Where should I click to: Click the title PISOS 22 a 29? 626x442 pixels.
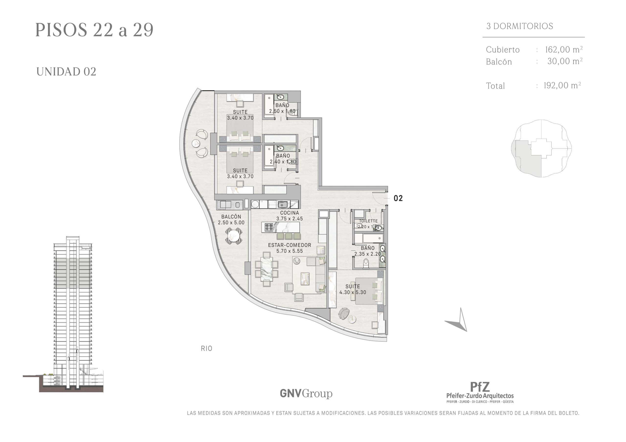[x=94, y=30]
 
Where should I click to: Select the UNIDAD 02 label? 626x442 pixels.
[x=66, y=72]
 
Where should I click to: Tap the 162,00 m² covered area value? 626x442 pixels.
[x=564, y=50]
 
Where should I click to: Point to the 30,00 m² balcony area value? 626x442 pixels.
[x=565, y=61]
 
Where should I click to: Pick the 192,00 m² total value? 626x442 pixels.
[x=562, y=85]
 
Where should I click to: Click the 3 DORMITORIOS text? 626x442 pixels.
[x=520, y=26]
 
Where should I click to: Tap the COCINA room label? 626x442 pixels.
[x=290, y=213]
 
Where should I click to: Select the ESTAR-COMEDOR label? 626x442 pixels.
[x=290, y=245]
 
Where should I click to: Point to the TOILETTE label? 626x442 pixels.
[x=368, y=221]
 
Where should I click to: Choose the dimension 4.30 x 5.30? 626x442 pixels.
[x=353, y=292]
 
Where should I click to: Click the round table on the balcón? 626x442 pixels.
[x=234, y=236]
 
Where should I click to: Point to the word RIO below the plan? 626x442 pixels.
[x=206, y=348]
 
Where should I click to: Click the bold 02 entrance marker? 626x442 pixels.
[x=398, y=198]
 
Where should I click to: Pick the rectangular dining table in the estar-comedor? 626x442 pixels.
[x=266, y=269]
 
